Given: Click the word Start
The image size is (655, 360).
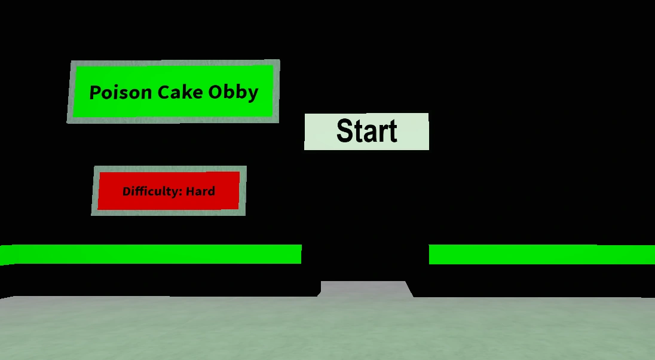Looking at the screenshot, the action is click(367, 131).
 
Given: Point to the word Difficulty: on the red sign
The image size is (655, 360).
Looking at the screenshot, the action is click(152, 192).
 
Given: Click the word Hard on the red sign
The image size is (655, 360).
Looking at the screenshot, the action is click(200, 191).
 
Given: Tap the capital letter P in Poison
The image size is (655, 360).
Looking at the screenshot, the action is click(94, 93).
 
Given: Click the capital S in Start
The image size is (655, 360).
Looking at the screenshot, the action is click(345, 131).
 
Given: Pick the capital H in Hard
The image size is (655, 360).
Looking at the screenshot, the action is click(190, 191).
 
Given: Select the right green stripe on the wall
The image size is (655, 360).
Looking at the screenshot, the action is click(541, 254).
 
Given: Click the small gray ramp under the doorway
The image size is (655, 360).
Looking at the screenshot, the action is click(366, 289).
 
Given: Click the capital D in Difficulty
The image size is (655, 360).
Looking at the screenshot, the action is click(126, 191).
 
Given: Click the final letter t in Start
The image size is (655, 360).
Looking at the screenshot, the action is click(392, 132).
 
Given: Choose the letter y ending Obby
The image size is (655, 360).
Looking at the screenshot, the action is click(253, 94).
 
